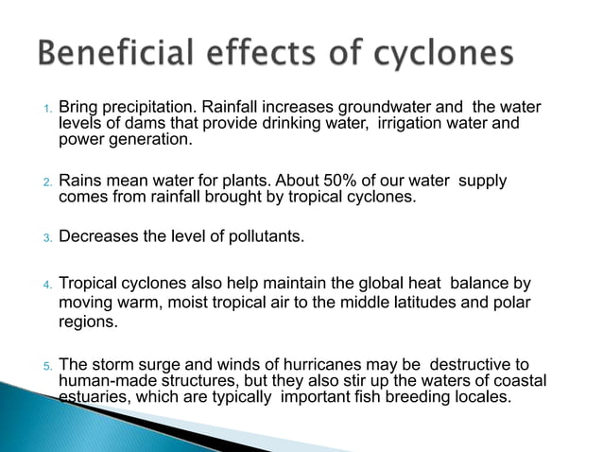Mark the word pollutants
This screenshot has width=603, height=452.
point(264,235)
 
